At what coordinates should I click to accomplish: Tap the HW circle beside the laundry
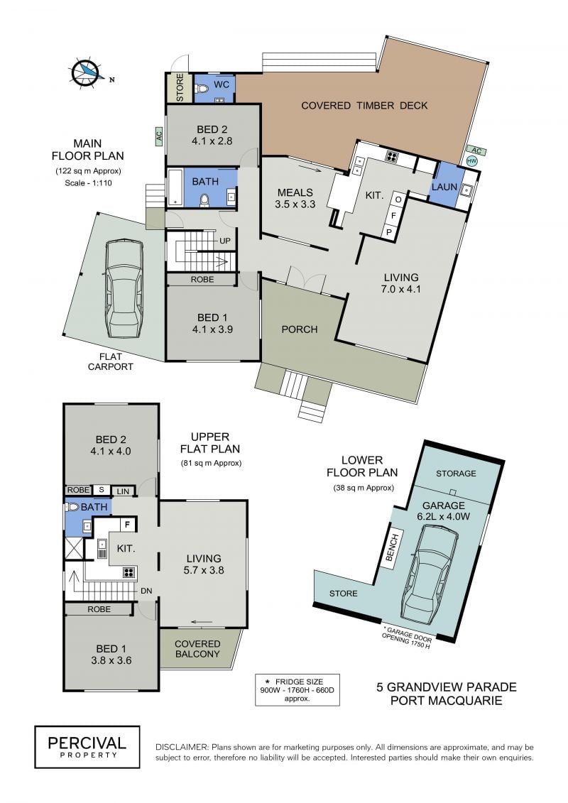471,160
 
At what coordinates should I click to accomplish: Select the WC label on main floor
222,84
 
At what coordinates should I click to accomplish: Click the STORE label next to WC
180,87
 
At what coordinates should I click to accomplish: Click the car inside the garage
430,572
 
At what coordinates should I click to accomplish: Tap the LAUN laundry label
444,187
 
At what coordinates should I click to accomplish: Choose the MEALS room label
295,192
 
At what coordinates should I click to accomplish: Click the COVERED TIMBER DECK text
364,106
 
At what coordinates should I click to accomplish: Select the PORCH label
300,329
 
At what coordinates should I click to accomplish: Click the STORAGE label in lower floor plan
456,473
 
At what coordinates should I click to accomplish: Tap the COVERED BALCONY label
197,649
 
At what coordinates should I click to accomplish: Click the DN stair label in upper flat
146,591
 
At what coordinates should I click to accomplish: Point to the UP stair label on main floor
225,241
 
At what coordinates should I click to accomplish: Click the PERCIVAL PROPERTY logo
87,747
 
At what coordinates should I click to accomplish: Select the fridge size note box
297,690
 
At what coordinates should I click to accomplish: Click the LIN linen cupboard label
123,491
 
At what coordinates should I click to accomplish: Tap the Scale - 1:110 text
88,183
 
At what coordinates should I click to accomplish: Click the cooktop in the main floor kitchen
392,157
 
